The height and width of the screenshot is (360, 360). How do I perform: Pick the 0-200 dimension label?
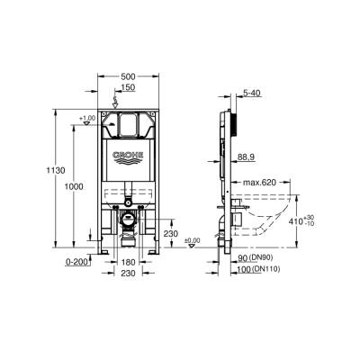pyautogui.click(x=78, y=261)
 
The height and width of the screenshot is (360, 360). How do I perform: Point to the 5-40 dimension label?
pyautogui.click(x=252, y=92)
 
